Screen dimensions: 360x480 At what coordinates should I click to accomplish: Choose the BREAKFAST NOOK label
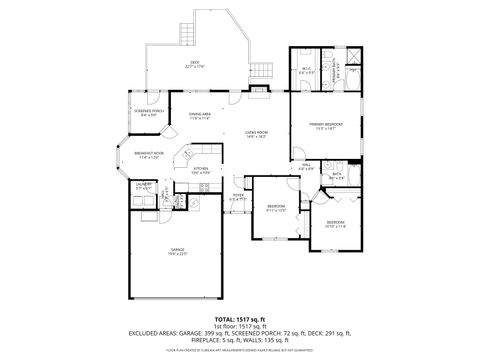148,155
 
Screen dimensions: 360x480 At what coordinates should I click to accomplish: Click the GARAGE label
178,251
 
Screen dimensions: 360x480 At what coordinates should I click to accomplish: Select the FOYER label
238,198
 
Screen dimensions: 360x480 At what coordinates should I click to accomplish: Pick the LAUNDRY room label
143,186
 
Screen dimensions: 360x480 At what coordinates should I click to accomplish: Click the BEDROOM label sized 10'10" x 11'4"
335,224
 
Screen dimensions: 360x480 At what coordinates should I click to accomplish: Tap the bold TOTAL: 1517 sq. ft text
240,318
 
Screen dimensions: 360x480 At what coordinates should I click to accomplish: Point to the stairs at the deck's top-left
183,32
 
